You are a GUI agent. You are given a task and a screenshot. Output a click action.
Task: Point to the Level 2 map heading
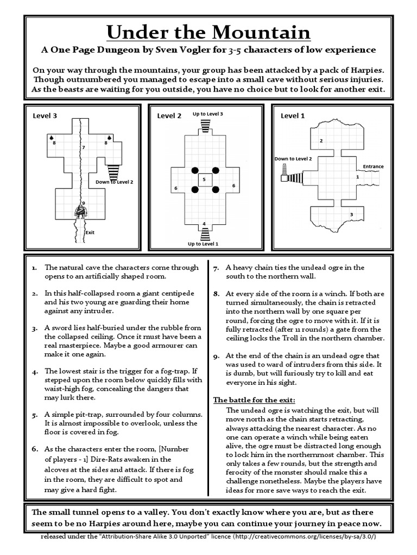coord(169,116)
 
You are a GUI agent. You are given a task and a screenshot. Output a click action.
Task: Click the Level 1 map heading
coord(292,116)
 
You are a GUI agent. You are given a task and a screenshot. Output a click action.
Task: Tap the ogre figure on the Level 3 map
coord(81,210)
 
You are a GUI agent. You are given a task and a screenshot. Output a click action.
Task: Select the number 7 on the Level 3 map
coord(84,147)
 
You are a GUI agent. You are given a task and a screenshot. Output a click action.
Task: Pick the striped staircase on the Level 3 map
coord(113,172)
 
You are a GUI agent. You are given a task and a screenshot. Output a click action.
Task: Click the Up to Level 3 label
coord(208,114)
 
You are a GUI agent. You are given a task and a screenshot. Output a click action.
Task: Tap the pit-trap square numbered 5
coord(204,179)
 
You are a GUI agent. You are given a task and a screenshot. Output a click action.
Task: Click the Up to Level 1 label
coord(203,244)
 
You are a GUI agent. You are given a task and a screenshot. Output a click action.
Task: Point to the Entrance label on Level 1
coord(373,166)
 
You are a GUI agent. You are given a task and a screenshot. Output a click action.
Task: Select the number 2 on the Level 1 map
coord(321,141)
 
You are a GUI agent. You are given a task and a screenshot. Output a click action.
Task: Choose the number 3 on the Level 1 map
coord(351,215)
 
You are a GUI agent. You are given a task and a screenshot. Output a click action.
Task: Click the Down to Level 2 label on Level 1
coord(293,158)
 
